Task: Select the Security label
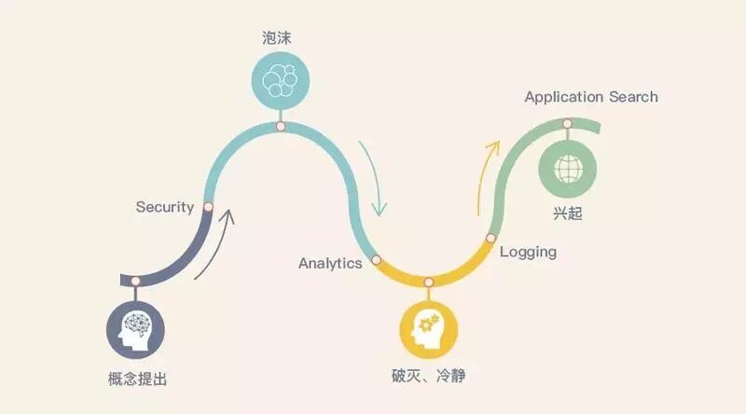(x=164, y=206)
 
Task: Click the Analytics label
(x=330, y=263)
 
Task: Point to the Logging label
(x=528, y=252)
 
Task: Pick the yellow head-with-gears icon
(x=428, y=328)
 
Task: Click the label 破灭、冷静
(x=428, y=377)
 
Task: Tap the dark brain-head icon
(x=136, y=329)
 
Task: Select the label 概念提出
(x=137, y=379)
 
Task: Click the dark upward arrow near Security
(x=215, y=244)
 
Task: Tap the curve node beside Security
(x=208, y=206)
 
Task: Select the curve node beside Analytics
(x=376, y=261)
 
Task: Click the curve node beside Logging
(x=490, y=240)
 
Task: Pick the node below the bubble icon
(x=279, y=126)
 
